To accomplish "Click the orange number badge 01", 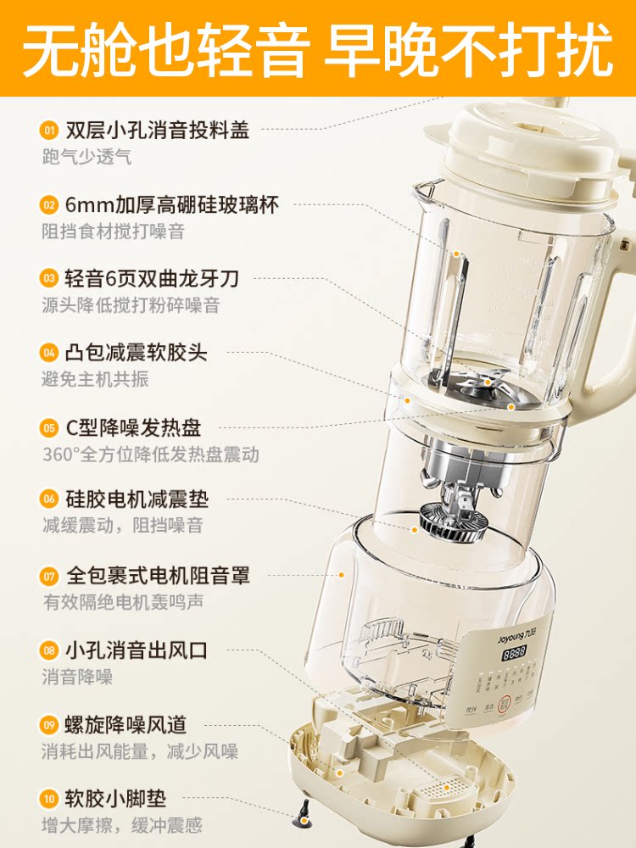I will [x=49, y=130].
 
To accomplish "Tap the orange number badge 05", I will [x=49, y=427].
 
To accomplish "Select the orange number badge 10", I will [x=49, y=798].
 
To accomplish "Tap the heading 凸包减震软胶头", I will [x=136, y=352].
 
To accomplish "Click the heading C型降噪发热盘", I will [x=133, y=427].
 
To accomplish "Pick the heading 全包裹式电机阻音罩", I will [x=158, y=576].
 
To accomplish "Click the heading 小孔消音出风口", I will [x=136, y=650].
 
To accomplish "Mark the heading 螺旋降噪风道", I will [x=126, y=724].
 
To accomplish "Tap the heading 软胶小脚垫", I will [x=115, y=798].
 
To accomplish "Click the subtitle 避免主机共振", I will [x=95, y=379].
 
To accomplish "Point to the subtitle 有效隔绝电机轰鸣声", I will [x=123, y=603].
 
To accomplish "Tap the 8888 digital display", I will [x=515, y=654].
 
